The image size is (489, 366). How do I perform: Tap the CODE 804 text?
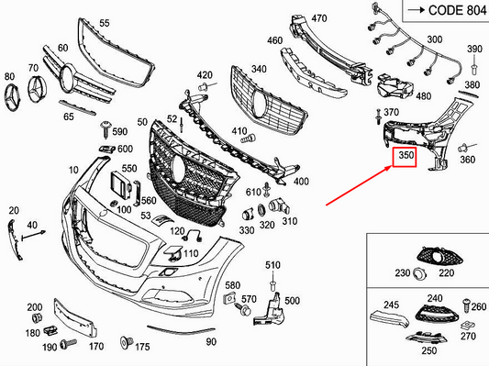pyautogui.click(x=457, y=10)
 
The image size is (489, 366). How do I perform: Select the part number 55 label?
pyautogui.click(x=105, y=23)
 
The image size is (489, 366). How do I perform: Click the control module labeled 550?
pyautogui.click(x=121, y=185)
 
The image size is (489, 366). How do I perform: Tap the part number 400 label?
pyautogui.click(x=301, y=182)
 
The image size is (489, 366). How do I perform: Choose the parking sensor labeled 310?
pyautogui.click(x=279, y=206)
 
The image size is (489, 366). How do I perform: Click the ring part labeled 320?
pyautogui.click(x=261, y=211)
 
